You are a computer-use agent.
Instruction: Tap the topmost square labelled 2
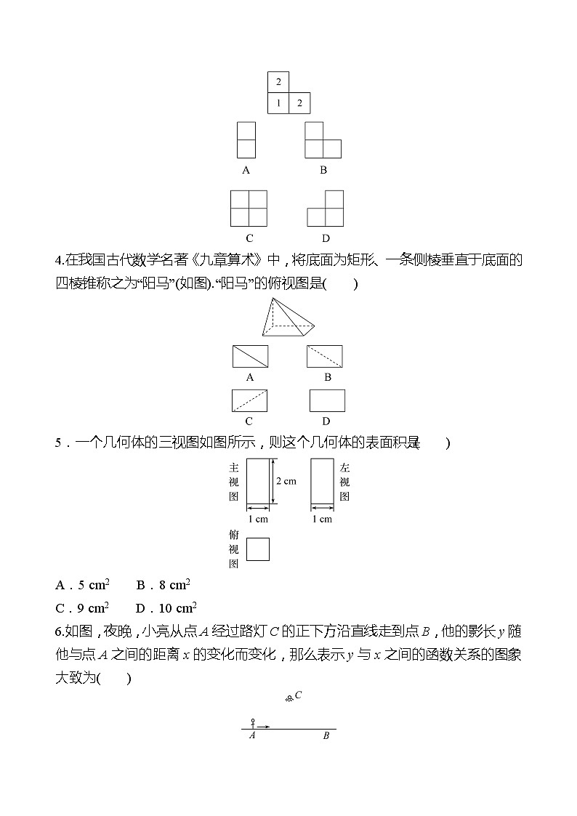278,82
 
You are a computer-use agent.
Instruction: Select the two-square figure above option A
246,140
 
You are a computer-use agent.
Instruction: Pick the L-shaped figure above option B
322,140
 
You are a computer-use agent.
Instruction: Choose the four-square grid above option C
249,209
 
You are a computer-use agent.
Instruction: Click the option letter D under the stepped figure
326,238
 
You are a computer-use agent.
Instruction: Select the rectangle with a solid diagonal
250,356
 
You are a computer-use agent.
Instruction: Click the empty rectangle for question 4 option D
327,400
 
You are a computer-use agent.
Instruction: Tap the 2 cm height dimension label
286,481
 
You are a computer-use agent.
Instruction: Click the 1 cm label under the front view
258,519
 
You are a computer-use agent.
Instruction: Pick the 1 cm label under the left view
322,519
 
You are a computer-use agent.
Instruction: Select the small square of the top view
257,549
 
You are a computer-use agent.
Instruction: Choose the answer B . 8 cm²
163,585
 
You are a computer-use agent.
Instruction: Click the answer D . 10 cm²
166,607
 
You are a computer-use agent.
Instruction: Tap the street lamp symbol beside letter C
288,698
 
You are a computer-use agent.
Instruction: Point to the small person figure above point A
253,722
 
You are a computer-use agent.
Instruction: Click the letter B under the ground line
326,735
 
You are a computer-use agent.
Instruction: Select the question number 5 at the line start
58,443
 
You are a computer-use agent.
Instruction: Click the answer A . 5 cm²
82,585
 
